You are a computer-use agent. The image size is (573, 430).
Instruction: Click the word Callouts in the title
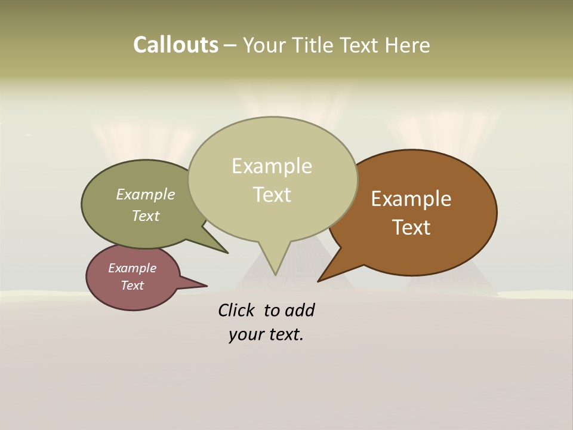(x=175, y=45)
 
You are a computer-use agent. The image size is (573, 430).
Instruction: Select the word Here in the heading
(x=407, y=45)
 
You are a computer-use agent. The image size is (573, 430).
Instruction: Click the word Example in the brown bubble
(x=411, y=199)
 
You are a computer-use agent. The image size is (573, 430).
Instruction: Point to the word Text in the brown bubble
(x=411, y=228)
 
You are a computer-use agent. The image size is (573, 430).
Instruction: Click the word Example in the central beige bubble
(x=272, y=166)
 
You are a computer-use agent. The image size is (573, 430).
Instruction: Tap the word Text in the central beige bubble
(x=272, y=195)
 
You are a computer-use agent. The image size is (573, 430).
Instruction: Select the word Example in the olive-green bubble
(x=146, y=195)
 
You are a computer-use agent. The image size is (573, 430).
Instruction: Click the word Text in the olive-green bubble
(x=146, y=216)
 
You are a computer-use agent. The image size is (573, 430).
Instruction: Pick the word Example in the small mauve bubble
(x=132, y=268)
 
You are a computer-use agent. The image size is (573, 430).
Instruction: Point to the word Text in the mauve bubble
(x=132, y=285)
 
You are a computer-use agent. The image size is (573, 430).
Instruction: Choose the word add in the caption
(x=299, y=311)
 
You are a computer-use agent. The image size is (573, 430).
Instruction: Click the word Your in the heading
(x=265, y=45)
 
